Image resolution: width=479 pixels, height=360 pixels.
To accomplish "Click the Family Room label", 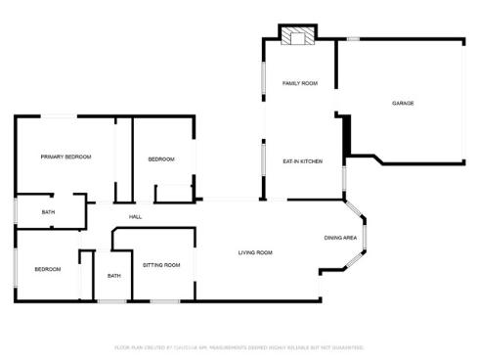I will pos(300,83).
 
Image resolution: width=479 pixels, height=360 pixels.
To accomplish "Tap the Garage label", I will pos(403,103).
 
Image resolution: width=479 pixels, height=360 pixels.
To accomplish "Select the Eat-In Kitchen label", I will pos(303,160).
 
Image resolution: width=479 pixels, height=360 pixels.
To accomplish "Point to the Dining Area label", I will pos(340,238).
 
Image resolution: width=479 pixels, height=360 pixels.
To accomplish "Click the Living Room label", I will pos(255,253).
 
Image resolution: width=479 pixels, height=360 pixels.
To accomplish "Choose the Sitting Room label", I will pos(161,265).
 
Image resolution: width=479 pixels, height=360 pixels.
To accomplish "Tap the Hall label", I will pos(136,217).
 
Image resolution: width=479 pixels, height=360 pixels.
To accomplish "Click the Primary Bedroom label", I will pos(65,157).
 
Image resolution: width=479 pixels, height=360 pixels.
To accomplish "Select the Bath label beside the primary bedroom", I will pos(48,212).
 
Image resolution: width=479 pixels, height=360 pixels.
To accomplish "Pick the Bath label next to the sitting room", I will pos(114,276).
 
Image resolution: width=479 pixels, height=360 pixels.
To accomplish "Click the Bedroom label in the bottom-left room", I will pos(47,269).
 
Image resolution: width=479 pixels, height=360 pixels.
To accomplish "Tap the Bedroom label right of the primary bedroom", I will pos(161,159).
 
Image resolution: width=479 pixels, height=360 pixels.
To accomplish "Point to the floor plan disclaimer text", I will pos(239,346).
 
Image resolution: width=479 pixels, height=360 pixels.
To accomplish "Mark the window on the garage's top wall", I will pos(353,39).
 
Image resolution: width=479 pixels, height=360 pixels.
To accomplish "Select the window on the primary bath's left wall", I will pos(15,211).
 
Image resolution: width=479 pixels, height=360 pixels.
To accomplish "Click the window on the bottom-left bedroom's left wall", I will pos(15,266).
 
